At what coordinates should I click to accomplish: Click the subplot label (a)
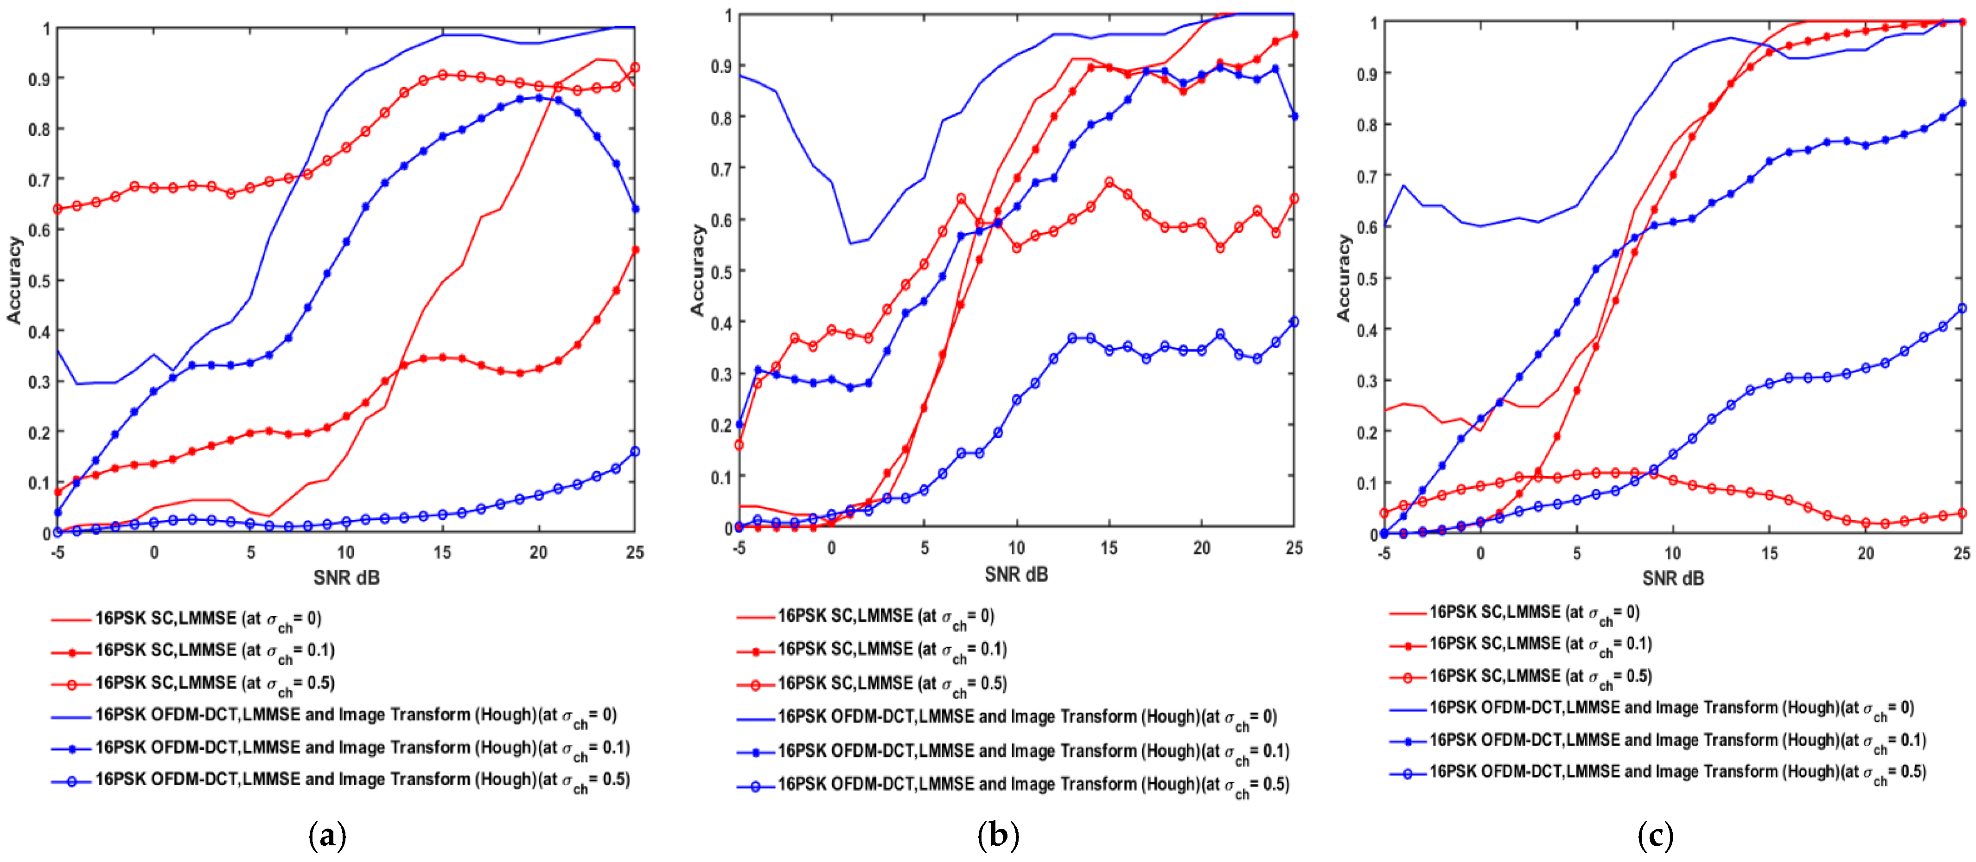tap(327, 834)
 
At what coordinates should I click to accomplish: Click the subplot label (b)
tap(998, 834)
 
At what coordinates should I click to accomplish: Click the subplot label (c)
tap(1655, 834)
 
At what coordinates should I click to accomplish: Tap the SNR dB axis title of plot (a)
tap(346, 577)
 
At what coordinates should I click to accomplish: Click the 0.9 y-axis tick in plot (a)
tap(40, 79)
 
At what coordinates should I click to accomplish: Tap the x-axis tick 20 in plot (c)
tap(1866, 553)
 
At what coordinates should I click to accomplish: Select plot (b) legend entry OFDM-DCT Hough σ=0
tap(1027, 717)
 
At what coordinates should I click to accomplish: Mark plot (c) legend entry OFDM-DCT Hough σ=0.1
tap(1677, 740)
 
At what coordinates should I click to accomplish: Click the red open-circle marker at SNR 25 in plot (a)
tap(634, 68)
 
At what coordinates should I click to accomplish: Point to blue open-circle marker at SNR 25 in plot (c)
tap(1962, 308)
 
